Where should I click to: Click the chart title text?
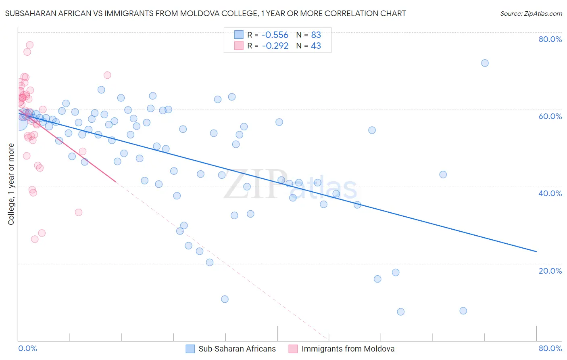(205, 14)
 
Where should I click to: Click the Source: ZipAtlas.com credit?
(531, 14)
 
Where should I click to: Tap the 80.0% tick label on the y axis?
(550, 39)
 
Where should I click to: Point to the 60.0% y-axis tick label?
(550, 116)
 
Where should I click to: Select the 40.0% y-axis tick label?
(550, 193)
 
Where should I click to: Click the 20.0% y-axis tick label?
(550, 271)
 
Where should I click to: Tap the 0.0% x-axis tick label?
(27, 349)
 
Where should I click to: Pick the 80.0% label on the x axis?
(550, 349)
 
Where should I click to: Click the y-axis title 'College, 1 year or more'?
(11, 184)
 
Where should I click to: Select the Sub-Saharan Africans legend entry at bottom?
(237, 349)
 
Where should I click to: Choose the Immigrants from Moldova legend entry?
(348, 349)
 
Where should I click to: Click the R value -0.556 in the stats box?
(275, 35)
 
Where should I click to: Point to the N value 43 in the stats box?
(316, 46)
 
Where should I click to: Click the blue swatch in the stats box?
(239, 35)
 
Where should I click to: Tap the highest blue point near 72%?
(485, 63)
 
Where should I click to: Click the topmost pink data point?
(29, 45)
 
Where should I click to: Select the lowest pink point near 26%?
(35, 239)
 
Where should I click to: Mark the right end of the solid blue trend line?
(536, 251)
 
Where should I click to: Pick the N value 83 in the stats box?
(316, 35)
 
